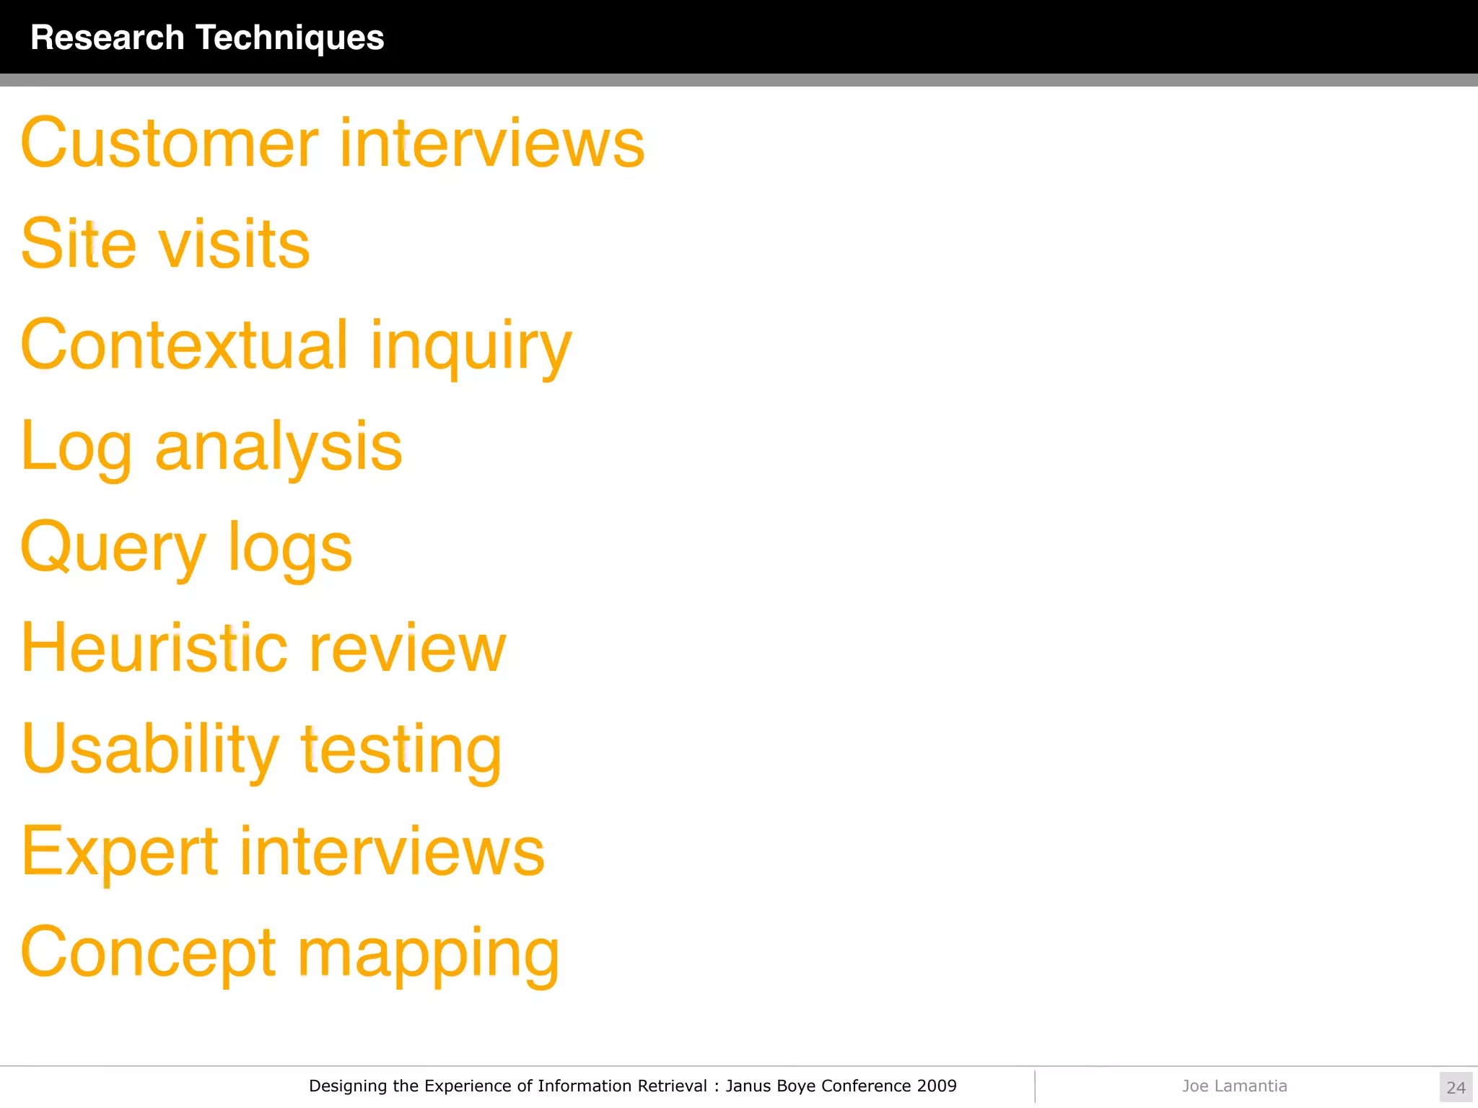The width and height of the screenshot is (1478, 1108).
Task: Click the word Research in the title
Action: click(108, 38)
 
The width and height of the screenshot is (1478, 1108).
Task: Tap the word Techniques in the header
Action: click(290, 38)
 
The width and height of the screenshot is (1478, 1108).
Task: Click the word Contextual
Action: click(185, 345)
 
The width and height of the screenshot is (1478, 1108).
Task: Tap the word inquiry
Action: click(471, 348)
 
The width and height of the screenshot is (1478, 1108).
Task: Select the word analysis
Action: click(279, 447)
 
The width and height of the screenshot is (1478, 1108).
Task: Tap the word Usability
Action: click(150, 750)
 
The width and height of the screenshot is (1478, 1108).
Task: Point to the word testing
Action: click(401, 750)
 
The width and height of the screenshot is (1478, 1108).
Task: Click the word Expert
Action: click(120, 852)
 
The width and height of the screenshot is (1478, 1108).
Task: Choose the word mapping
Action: click(428, 955)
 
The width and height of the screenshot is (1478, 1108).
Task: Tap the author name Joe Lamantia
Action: click(1234, 1086)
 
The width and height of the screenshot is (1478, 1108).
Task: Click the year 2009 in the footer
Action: click(937, 1086)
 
